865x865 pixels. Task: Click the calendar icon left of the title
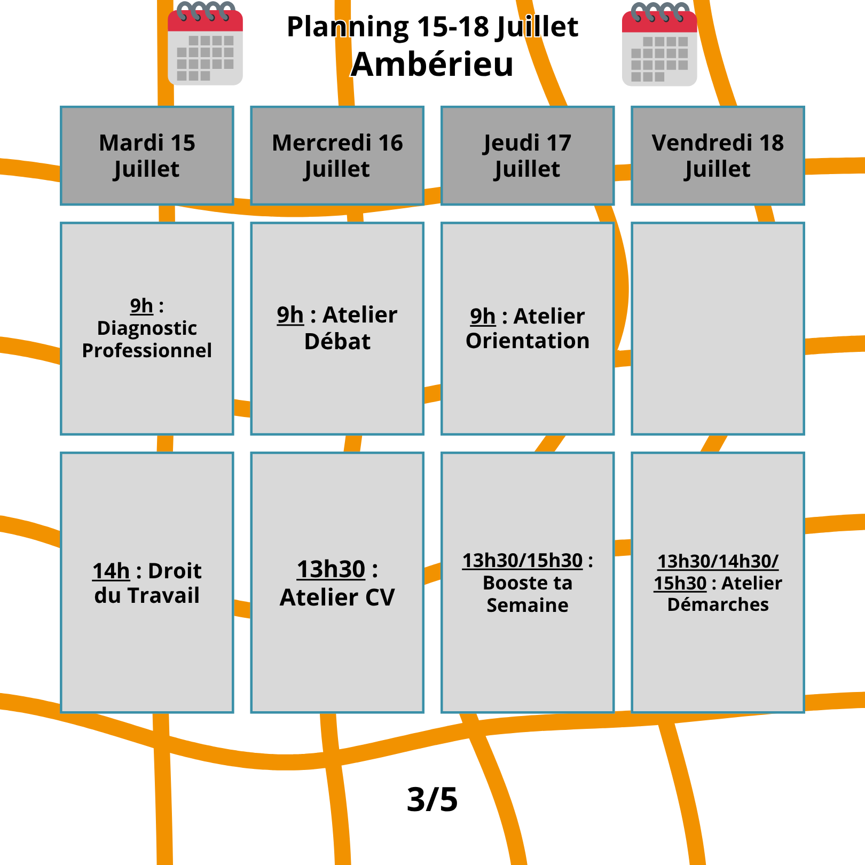[x=205, y=44]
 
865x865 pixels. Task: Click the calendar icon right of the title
[x=659, y=44]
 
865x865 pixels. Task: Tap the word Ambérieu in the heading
[x=432, y=65]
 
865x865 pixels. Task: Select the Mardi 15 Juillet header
[x=147, y=155]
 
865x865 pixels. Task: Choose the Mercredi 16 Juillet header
[x=337, y=155]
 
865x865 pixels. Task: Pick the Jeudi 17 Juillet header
[x=528, y=155]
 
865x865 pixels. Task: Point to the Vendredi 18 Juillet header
[x=718, y=155]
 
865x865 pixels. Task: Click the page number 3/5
[x=433, y=799]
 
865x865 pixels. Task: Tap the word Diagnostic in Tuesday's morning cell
[x=147, y=328]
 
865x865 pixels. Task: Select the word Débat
[x=337, y=341]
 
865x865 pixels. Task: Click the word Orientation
[x=528, y=341]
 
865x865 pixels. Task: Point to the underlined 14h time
[x=111, y=571]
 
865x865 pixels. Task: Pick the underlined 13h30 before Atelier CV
[x=331, y=569]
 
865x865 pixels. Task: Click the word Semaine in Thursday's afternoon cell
[x=528, y=605]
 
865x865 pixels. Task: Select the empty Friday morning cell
[x=718, y=328]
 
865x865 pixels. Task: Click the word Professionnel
[x=147, y=350]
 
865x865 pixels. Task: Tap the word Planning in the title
[x=348, y=27]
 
